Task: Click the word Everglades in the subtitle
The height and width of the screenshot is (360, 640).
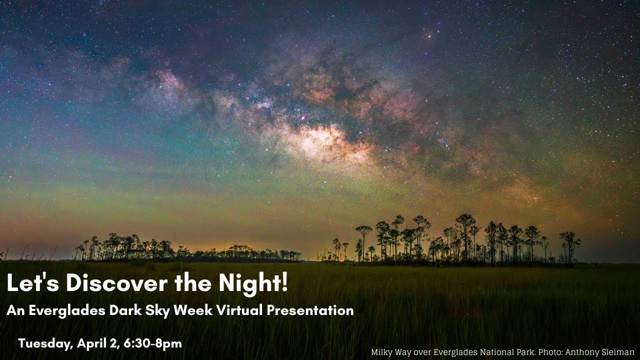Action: pos(66,310)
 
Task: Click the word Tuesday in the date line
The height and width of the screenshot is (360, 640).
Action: pos(46,343)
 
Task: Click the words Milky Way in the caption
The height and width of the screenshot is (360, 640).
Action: pos(391,352)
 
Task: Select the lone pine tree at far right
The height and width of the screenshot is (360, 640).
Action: pos(569,245)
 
